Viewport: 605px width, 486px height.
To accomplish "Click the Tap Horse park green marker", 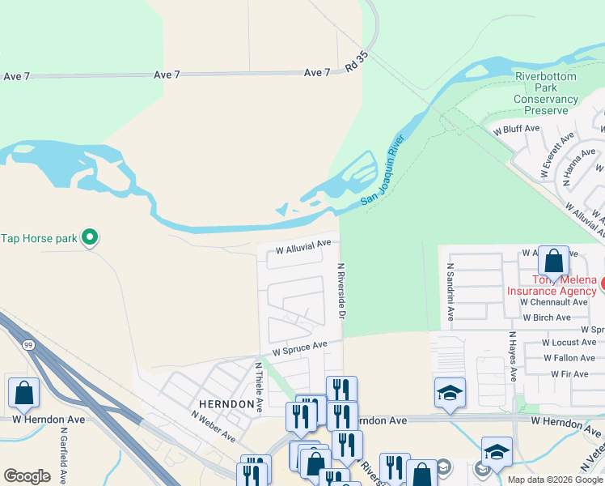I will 91,237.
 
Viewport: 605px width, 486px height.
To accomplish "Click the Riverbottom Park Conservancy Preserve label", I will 547,93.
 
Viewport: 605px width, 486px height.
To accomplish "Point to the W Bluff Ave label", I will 515,129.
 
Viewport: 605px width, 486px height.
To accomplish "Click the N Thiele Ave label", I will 259,388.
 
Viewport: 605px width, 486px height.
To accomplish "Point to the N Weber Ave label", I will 214,426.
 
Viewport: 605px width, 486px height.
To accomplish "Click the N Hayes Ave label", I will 512,356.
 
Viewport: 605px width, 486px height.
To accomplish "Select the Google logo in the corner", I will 27,475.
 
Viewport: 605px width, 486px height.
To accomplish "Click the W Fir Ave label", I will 569,374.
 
